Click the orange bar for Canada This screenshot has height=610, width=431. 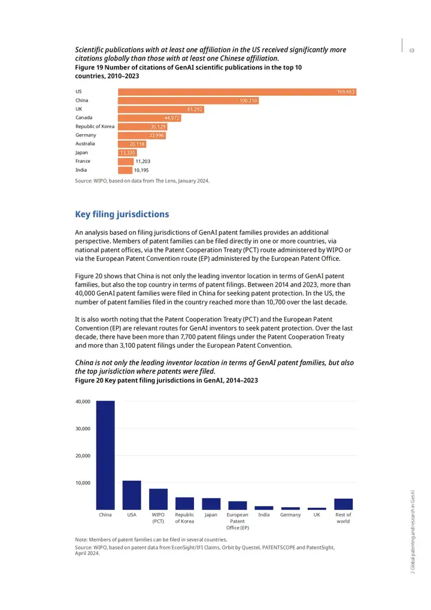pyautogui.click(x=150, y=118)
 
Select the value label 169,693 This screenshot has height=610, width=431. pyautogui.click(x=346, y=92)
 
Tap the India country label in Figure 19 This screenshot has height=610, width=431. pyautogui.click(x=81, y=170)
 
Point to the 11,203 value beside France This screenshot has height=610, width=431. pyautogui.click(x=142, y=162)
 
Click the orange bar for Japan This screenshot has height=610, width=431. pyautogui.click(x=127, y=153)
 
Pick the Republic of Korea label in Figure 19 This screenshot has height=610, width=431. pyautogui.click(x=95, y=126)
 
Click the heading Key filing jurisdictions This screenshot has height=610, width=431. pyautogui.click(x=122, y=214)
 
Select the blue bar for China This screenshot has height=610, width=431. pyautogui.click(x=105, y=455)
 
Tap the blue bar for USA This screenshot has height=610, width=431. pyautogui.click(x=132, y=495)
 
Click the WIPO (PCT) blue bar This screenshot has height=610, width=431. pyautogui.click(x=158, y=499)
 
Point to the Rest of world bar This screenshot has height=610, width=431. pyautogui.click(x=344, y=504)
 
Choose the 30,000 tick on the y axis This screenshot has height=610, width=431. pyautogui.click(x=83, y=429)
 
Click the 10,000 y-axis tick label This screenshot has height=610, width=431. pyautogui.click(x=83, y=482)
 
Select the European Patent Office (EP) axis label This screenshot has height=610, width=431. pyautogui.click(x=238, y=521)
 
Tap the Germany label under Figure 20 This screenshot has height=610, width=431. pyautogui.click(x=290, y=515)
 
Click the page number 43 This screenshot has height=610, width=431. pyautogui.click(x=412, y=50)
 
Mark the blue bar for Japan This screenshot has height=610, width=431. pyautogui.click(x=211, y=504)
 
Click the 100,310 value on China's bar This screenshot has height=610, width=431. pyautogui.click(x=248, y=101)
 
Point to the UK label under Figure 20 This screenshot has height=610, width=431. pyautogui.click(x=317, y=515)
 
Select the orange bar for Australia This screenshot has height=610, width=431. pyautogui.click(x=132, y=144)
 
